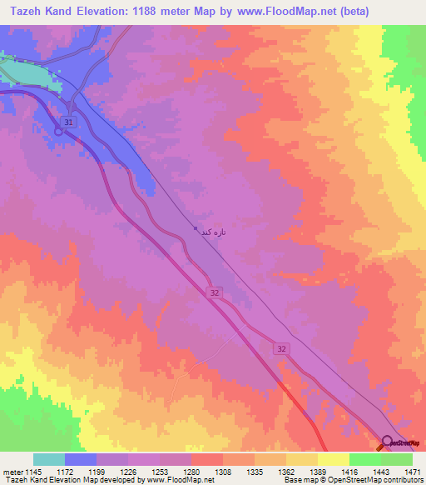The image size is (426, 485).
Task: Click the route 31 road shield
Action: tap(69, 122)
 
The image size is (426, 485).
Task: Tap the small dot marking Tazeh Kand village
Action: tap(195, 229)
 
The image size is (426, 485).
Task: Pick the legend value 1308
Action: tap(222, 472)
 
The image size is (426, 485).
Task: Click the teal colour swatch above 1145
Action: tap(49, 459)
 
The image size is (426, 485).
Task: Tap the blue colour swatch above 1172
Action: tap(81, 459)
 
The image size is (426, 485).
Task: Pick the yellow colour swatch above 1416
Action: tap(333, 459)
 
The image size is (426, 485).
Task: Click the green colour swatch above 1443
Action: tap(364, 459)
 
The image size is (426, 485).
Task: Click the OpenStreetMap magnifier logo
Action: tap(388, 442)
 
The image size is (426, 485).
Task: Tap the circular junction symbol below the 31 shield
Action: tap(60, 130)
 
